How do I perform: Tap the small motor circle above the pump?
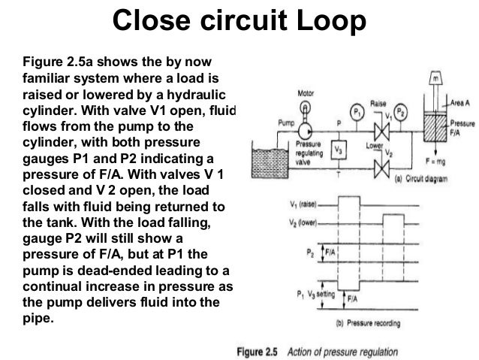[x=306, y=107]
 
